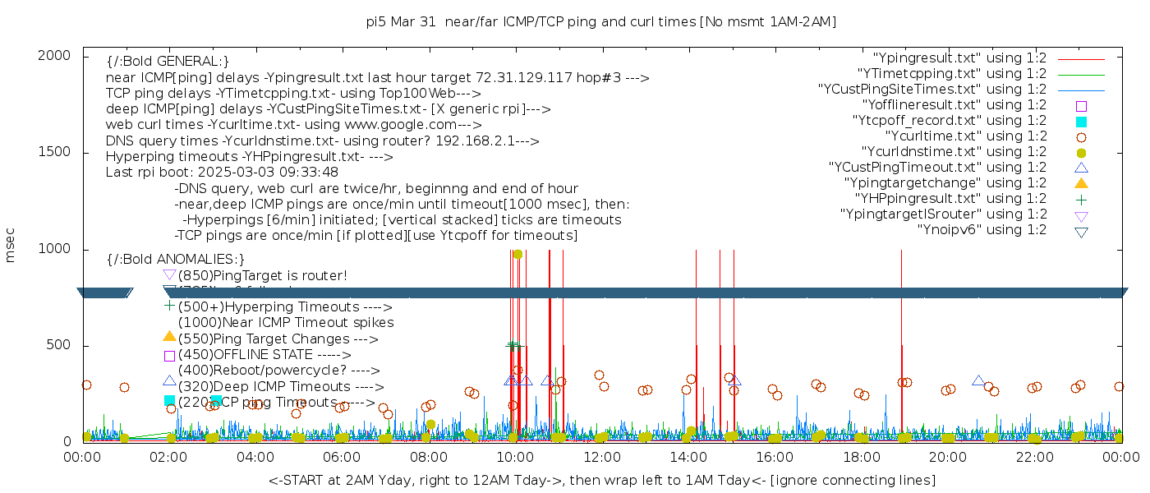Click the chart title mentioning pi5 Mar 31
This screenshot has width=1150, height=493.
pos(600,22)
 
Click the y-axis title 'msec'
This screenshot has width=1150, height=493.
pos(11,245)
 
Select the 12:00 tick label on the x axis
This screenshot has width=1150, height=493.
pos(601,456)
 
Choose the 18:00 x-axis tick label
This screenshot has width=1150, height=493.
pos(861,456)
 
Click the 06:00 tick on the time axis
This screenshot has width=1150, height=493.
pos(342,456)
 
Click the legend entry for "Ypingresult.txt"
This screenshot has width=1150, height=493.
pos(959,58)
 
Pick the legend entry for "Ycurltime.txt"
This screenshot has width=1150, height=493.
pos(965,136)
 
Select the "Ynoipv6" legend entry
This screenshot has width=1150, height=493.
pos(982,230)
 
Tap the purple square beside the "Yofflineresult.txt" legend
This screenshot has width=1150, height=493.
pos(1081,105)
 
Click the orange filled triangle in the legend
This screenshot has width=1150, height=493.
pos(1081,183)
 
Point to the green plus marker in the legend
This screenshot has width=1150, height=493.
pos(1081,199)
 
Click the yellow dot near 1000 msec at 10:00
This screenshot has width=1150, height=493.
pos(517,254)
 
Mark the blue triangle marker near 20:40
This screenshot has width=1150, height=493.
pos(978,380)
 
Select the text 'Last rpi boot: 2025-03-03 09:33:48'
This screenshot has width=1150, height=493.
pos(222,173)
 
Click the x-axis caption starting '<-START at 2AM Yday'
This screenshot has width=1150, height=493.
pos(601,480)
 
